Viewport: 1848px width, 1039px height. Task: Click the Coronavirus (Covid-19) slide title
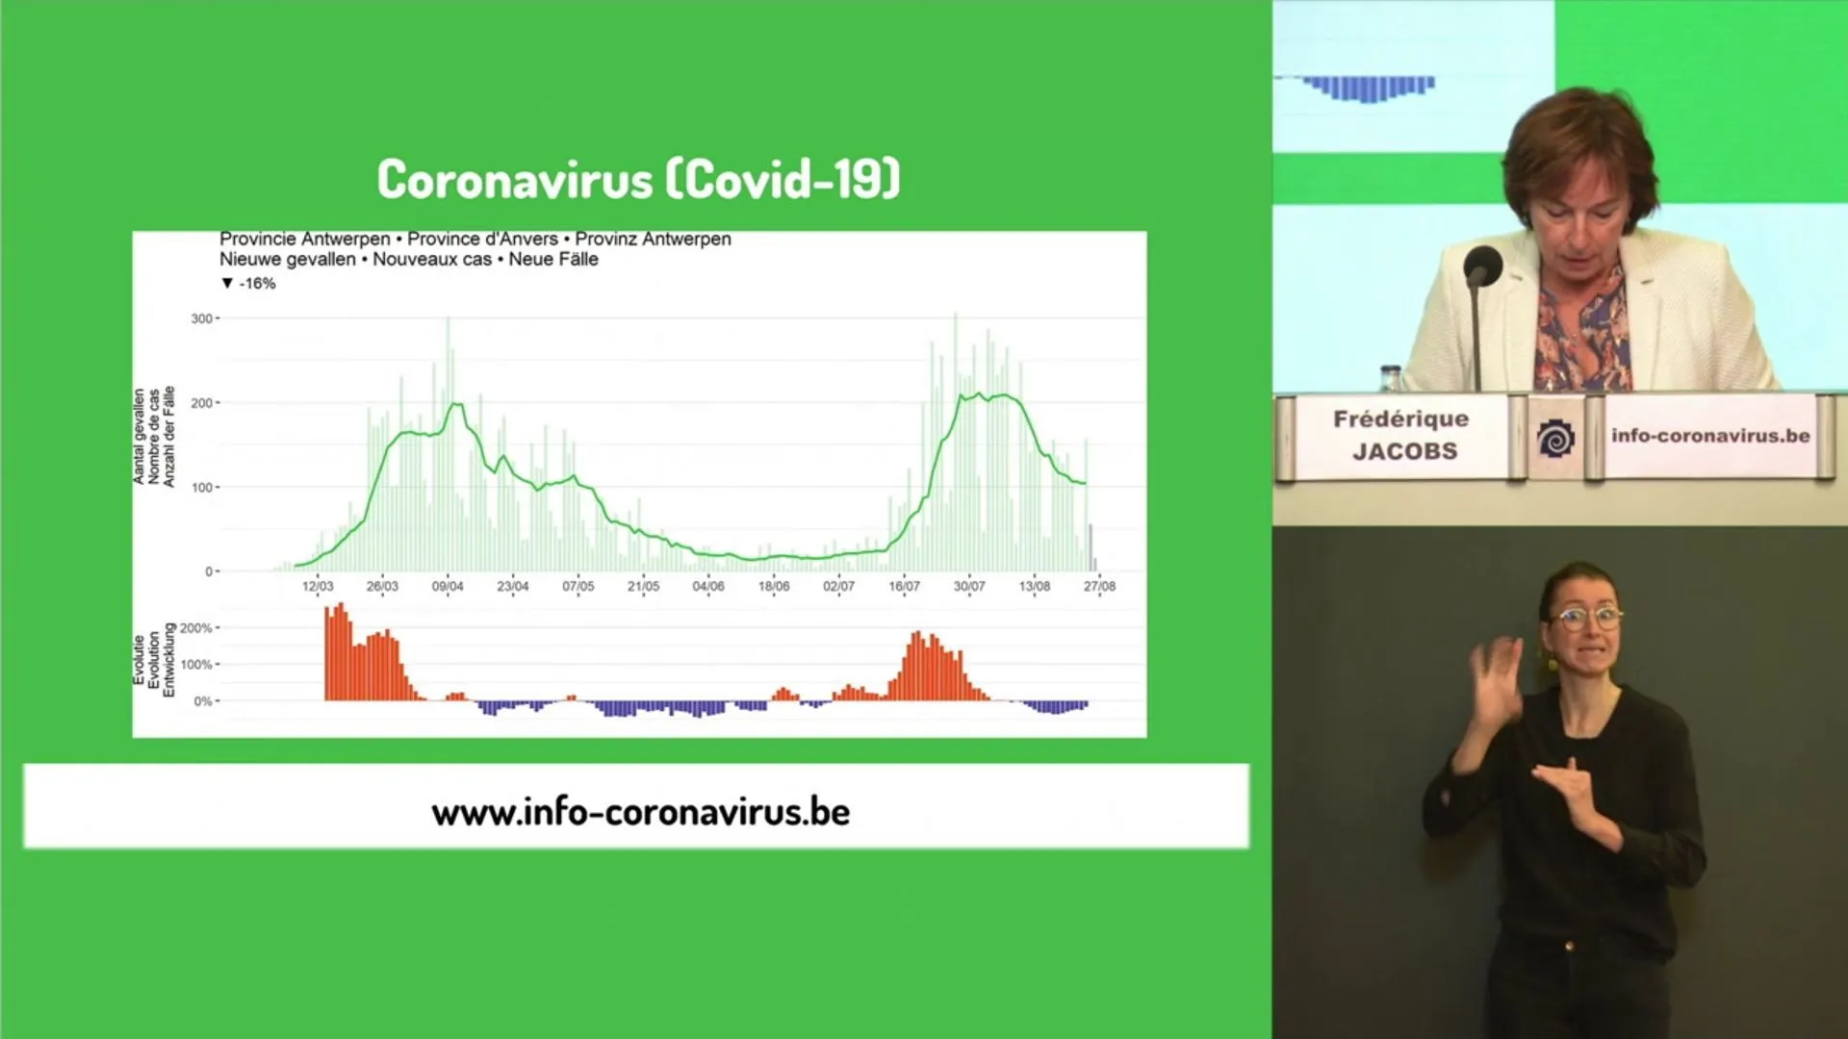click(x=638, y=179)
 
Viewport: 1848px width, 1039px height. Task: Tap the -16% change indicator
click(x=248, y=283)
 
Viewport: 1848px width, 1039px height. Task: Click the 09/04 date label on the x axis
click(x=448, y=586)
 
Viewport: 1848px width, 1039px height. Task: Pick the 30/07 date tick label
click(x=969, y=586)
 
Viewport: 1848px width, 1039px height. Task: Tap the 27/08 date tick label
click(x=1099, y=586)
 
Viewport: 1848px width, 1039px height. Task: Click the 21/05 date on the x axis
click(x=643, y=586)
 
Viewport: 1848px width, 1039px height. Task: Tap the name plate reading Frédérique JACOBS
click(x=1401, y=436)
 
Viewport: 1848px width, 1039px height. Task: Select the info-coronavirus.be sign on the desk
click(x=1711, y=436)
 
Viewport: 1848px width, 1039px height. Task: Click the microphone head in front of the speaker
click(x=1482, y=265)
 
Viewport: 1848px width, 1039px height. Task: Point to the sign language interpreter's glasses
click(x=1583, y=617)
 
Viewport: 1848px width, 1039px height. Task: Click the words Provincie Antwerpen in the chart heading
click(x=305, y=239)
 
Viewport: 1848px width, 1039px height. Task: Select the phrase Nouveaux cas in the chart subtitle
click(x=432, y=259)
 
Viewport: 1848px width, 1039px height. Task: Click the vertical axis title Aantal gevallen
click(x=140, y=437)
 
